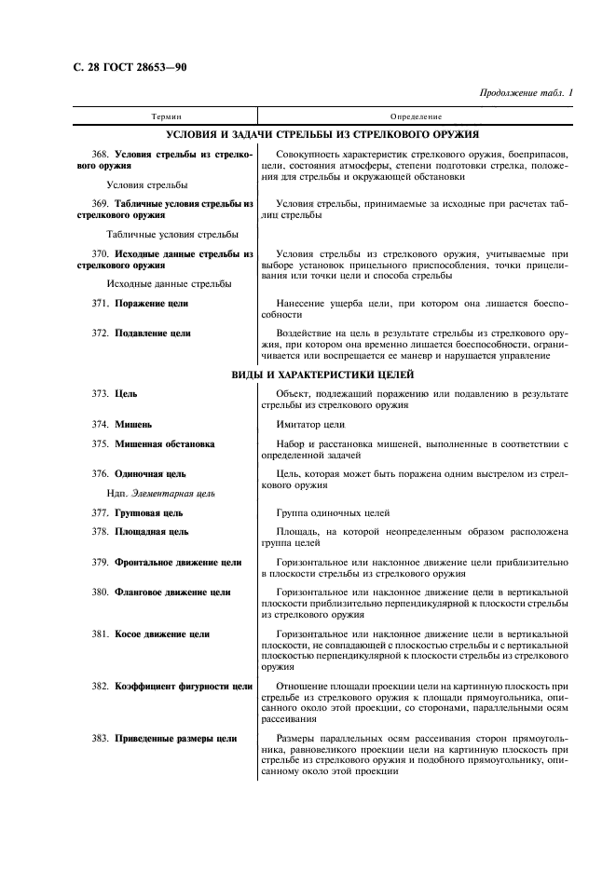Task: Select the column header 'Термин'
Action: (x=168, y=116)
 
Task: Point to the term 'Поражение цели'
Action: (x=151, y=304)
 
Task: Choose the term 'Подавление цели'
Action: (x=153, y=333)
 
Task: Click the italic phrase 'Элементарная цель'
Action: (x=173, y=493)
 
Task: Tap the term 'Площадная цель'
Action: (x=151, y=532)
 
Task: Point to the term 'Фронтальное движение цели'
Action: (x=177, y=563)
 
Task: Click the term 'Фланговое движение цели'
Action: (x=172, y=593)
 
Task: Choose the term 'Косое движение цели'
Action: (x=161, y=634)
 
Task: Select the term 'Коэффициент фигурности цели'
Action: (x=184, y=687)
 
